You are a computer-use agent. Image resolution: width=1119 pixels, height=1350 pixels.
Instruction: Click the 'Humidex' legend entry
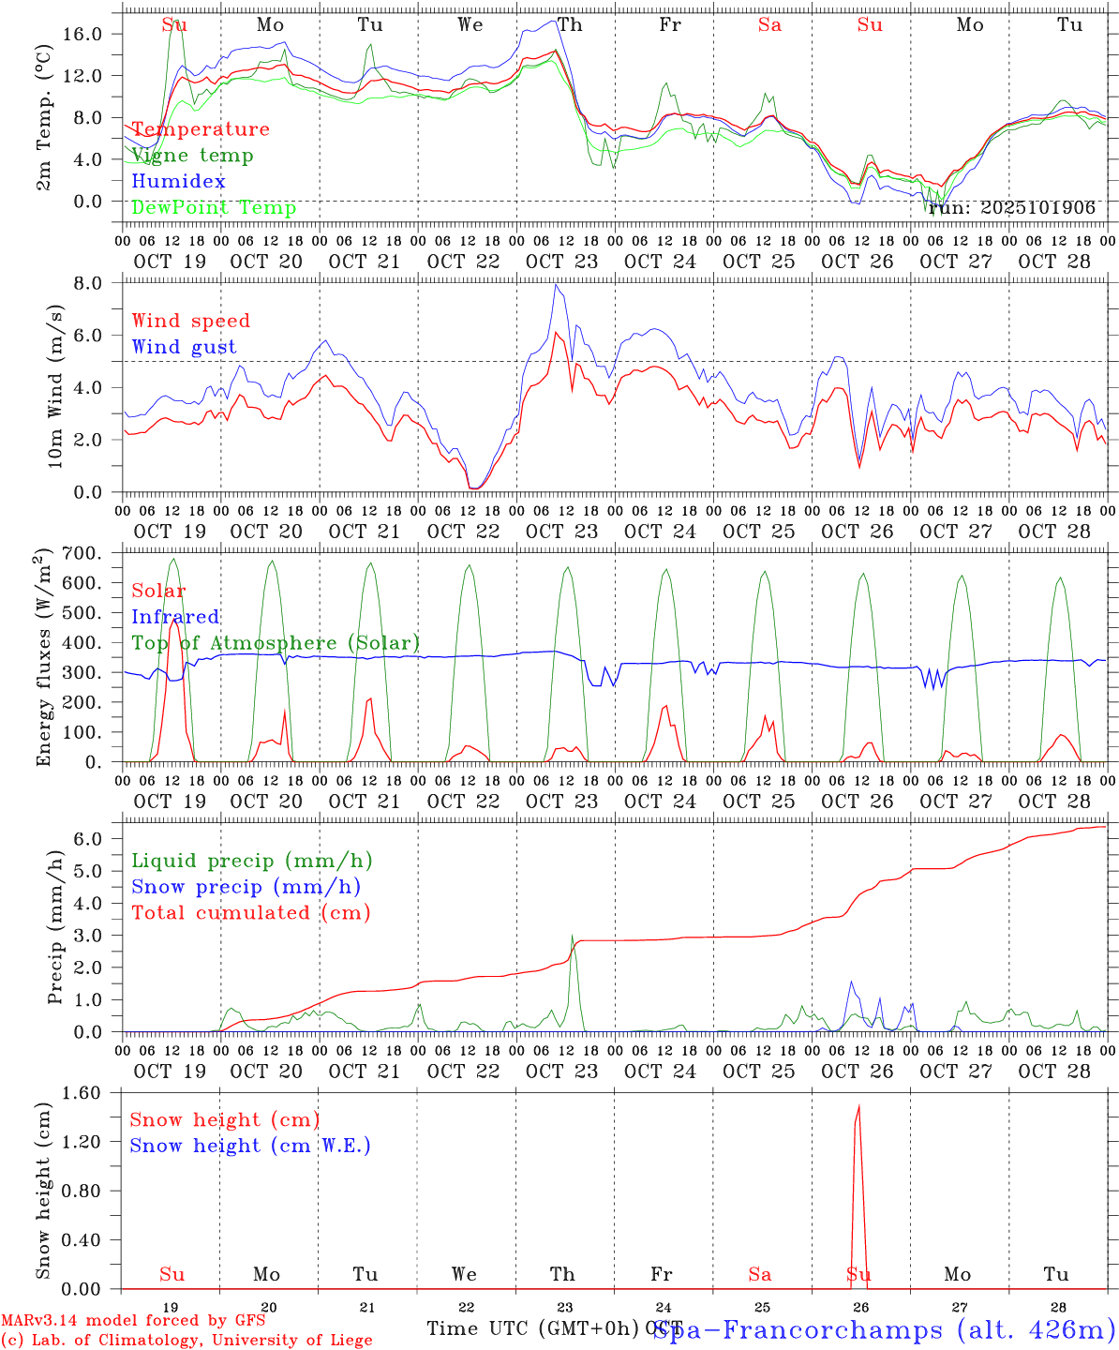pos(179,182)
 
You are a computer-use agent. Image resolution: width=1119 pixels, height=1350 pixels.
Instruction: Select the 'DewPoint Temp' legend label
pos(214,208)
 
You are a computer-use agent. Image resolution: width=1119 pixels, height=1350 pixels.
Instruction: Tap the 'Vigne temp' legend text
pos(192,156)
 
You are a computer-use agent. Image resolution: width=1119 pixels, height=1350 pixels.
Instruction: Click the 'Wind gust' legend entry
pos(185,347)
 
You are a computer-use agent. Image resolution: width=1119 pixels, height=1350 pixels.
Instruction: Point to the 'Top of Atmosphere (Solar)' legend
pos(276,643)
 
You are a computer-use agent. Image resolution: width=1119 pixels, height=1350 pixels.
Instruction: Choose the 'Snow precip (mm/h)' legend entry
pos(246,887)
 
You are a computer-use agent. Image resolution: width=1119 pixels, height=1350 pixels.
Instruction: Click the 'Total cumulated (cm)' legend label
pos(251,913)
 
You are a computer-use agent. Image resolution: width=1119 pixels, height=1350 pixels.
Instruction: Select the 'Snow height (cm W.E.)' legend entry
pos(250,1146)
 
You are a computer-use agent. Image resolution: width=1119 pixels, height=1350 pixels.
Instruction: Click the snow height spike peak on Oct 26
pos(858,1106)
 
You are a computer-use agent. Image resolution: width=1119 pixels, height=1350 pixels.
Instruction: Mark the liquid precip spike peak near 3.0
pos(572,936)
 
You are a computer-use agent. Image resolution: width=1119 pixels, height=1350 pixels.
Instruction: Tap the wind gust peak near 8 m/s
pos(557,285)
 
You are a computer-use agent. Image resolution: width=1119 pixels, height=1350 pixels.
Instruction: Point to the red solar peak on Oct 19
pos(174,619)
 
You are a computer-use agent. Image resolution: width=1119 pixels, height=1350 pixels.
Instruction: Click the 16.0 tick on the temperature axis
pos(93,34)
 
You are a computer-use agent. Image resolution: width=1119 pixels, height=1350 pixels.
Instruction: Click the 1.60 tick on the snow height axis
pos(91,1092)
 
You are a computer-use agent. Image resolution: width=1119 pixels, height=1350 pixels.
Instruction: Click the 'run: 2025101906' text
pos(1012,208)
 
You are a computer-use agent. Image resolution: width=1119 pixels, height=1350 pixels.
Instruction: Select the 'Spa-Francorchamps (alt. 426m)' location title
pos(883,1330)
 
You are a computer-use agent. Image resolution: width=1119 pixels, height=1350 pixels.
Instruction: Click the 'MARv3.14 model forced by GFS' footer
pos(133,1321)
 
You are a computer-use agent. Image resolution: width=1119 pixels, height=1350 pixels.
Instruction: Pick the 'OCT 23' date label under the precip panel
pos(562,1072)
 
